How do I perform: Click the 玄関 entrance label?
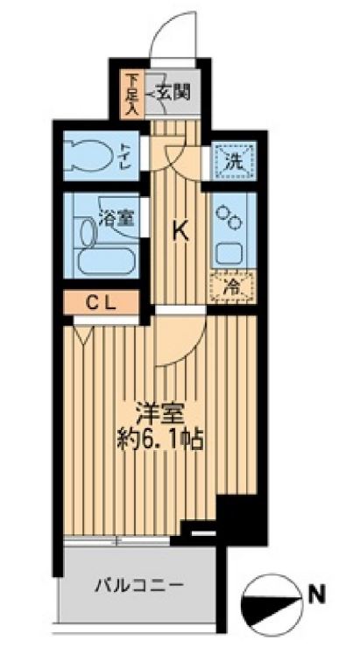coord(173,92)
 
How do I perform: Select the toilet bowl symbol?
coord(89,155)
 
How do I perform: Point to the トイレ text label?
coord(125,156)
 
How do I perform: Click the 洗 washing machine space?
coord(233,161)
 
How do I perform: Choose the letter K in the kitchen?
coord(180,232)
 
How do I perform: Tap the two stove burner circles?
coord(229,217)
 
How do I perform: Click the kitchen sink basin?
coord(229,253)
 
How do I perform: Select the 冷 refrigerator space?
coord(233,286)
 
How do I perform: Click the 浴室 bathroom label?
coord(118,219)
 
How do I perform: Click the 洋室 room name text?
coord(159,416)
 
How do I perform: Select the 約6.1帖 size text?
coord(159,440)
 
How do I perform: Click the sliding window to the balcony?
coord(116,541)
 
